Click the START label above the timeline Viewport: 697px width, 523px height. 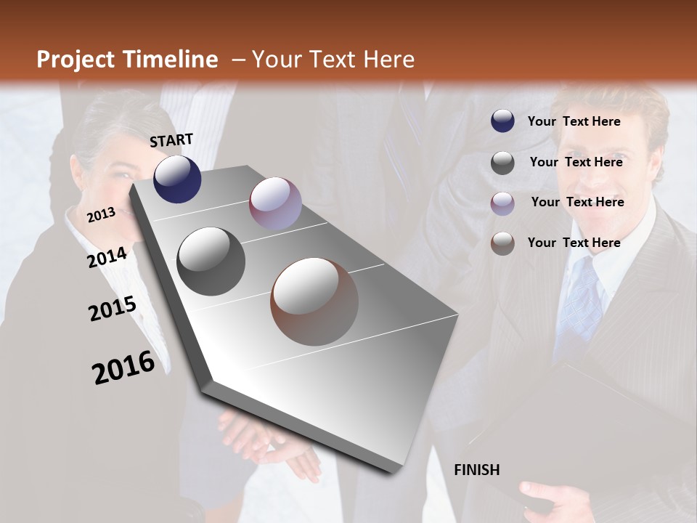[x=171, y=140]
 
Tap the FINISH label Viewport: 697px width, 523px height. [x=477, y=470]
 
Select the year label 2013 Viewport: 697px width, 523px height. [x=101, y=214]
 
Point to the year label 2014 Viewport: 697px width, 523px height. [x=107, y=258]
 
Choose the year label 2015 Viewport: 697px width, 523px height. [x=113, y=309]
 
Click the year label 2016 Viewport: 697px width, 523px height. [x=123, y=368]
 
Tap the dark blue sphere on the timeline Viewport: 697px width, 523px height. [x=177, y=179]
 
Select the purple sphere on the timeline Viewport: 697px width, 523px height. [x=275, y=203]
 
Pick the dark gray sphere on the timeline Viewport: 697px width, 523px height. [x=211, y=261]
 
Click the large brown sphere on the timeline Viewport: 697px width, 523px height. [x=314, y=301]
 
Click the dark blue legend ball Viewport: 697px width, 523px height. [x=502, y=121]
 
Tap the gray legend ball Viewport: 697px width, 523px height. [x=502, y=163]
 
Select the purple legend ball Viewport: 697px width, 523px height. [x=502, y=203]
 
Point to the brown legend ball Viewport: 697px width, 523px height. [x=502, y=243]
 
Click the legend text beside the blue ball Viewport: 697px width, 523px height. [x=574, y=121]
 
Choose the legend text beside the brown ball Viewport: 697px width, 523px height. [x=574, y=243]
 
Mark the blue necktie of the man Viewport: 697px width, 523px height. [x=582, y=305]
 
